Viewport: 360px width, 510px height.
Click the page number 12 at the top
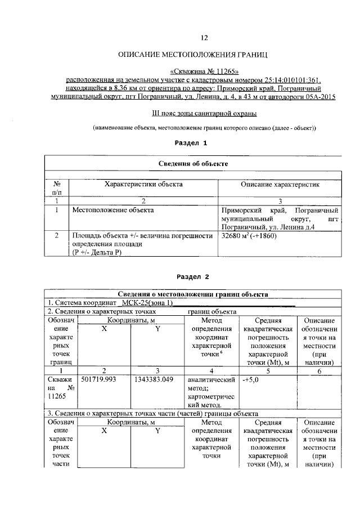tap(204, 38)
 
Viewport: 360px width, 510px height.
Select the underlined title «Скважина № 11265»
tap(204, 72)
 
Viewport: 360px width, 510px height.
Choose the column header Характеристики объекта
tap(143, 184)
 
